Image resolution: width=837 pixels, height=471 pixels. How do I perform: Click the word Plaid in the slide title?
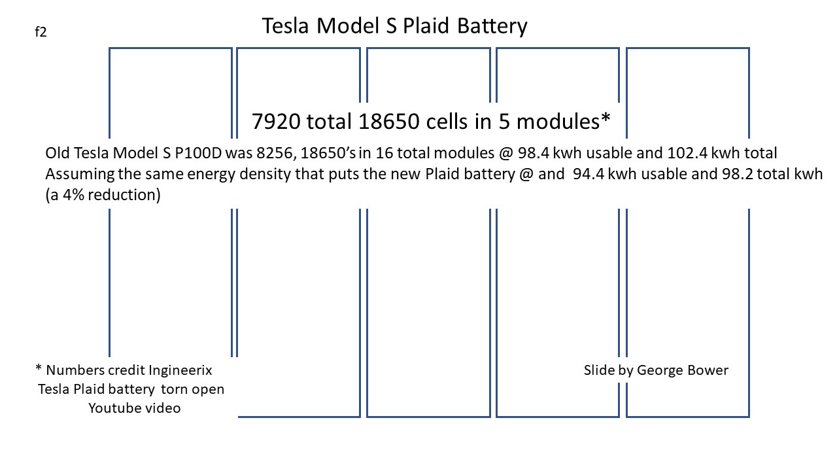pos(426,26)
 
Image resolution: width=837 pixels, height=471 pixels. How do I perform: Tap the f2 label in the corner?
pos(41,32)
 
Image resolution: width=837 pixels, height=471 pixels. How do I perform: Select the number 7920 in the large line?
pos(276,122)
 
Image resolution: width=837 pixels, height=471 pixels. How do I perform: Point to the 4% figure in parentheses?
pos(74,195)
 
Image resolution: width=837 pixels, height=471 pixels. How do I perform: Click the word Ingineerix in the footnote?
pos(180,370)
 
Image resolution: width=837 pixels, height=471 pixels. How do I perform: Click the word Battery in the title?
pos(492,26)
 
